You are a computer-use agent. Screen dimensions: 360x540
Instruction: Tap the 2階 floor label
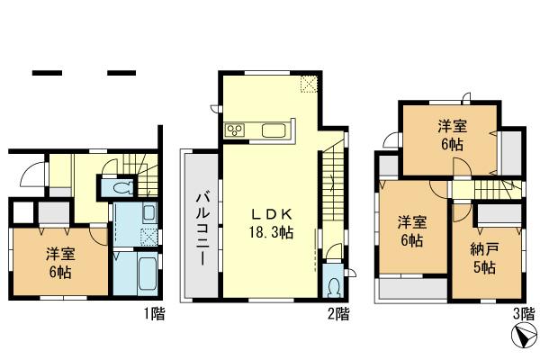[x=337, y=314]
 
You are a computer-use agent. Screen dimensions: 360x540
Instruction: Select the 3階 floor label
[x=523, y=314]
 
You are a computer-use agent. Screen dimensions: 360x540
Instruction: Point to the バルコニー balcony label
[x=202, y=226]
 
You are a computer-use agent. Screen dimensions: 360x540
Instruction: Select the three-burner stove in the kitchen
[x=237, y=131]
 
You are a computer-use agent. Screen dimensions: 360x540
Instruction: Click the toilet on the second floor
[x=335, y=286]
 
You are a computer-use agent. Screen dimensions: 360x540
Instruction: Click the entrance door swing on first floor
[x=31, y=175]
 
